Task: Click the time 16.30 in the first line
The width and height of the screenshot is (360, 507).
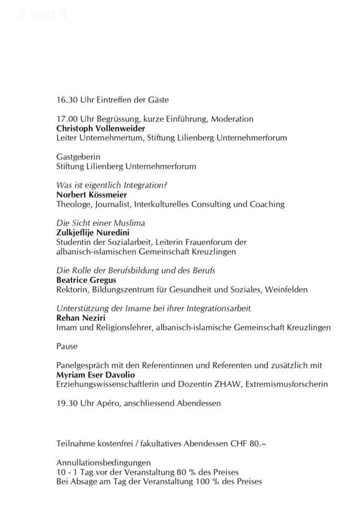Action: (66, 100)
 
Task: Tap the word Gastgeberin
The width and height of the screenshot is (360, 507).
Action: (78, 157)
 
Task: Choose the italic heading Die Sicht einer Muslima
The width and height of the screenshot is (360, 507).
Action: (100, 223)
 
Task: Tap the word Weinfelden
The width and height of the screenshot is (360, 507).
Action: (286, 290)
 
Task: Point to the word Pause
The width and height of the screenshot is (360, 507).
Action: (67, 347)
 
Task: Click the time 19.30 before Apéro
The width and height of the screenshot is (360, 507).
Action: (66, 404)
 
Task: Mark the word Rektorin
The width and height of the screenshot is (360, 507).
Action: (72, 290)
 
